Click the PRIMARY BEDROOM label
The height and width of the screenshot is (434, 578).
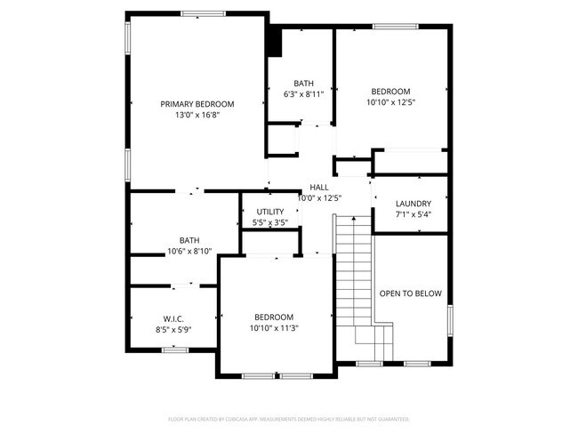(197, 104)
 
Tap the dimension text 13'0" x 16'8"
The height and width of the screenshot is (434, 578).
(197, 115)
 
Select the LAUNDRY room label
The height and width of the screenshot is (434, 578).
(413, 203)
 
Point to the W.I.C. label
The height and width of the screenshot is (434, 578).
(173, 318)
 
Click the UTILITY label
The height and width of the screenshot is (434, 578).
(269, 211)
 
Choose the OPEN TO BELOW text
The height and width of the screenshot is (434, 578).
(410, 293)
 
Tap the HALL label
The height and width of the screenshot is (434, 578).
(319, 187)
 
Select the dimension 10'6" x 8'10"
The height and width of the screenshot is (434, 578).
(189, 251)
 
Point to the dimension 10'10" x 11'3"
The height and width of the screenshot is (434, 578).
(273, 328)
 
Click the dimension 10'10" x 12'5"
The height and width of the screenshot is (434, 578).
(390, 102)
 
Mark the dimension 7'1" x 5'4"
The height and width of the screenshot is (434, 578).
(413, 214)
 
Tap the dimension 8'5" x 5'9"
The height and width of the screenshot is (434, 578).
(173, 330)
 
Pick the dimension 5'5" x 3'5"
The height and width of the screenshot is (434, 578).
(269, 222)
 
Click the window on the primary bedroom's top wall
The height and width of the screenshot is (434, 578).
(203, 13)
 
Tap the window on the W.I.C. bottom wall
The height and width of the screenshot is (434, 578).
(174, 350)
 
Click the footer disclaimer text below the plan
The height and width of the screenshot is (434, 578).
(288, 419)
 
